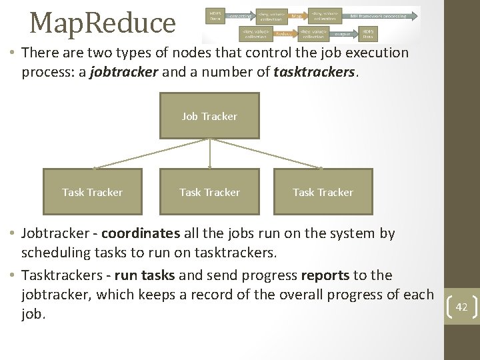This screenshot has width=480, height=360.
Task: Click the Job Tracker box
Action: (x=210, y=116)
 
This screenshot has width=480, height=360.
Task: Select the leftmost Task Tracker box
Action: (x=93, y=192)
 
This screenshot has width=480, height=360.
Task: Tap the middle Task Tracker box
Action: (x=210, y=192)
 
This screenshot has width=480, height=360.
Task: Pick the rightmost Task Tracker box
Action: (x=323, y=192)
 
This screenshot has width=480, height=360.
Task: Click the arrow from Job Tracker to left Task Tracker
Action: (x=152, y=153)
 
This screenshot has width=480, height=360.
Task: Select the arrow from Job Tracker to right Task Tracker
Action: (x=267, y=153)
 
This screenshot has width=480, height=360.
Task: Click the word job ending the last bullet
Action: (x=33, y=313)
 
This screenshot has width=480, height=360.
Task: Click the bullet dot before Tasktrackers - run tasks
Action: (x=13, y=275)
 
